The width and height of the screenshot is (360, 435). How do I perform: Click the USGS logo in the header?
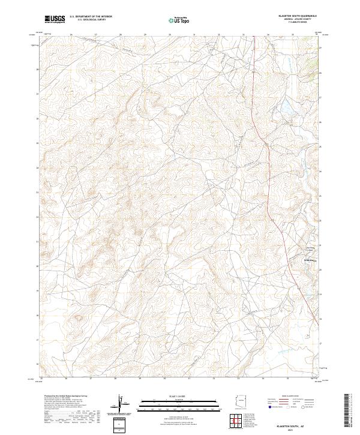coord(55,19)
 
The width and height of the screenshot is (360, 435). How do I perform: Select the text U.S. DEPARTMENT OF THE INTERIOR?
coord(91,17)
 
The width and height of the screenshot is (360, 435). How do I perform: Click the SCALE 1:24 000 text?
coord(178,397)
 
